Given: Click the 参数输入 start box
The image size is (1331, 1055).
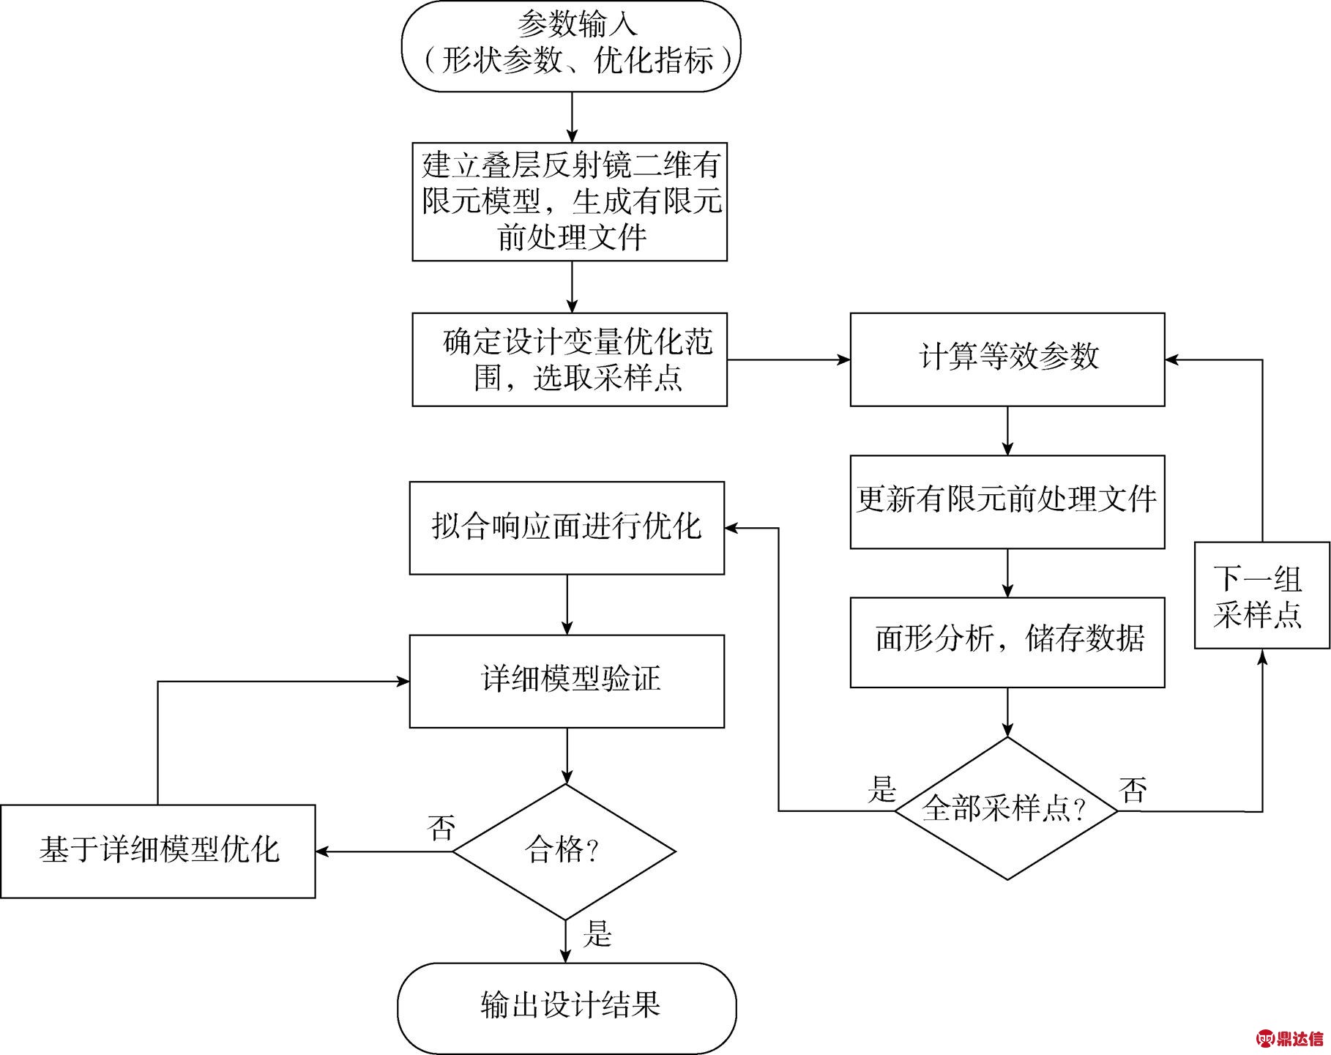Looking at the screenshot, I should coord(571,45).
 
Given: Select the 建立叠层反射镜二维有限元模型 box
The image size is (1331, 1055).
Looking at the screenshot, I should coord(570,201).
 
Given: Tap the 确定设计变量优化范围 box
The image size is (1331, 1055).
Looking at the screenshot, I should coord(570,359).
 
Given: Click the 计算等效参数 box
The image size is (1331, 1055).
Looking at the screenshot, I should coord(1007,359).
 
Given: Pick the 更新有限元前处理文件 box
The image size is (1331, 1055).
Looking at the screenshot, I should coord(1007,502).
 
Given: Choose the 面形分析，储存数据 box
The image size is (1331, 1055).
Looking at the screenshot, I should coord(1007,642).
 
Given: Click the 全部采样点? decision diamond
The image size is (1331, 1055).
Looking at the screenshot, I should coord(1007,808).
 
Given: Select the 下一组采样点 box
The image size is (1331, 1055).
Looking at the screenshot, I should coord(1261,595).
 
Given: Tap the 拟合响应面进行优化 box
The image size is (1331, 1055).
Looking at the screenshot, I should coord(567,527).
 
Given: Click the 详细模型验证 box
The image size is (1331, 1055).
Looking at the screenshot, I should coord(567,681).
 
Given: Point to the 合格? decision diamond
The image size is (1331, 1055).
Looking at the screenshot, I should coord(564,851).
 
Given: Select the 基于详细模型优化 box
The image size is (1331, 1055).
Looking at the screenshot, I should coord(157,851).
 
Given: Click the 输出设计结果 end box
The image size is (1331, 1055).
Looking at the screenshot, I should coord(567,1007).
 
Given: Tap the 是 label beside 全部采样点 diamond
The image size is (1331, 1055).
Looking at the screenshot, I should coord(881,789).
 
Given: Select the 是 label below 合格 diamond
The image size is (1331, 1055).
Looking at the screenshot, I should coord(597,934).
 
